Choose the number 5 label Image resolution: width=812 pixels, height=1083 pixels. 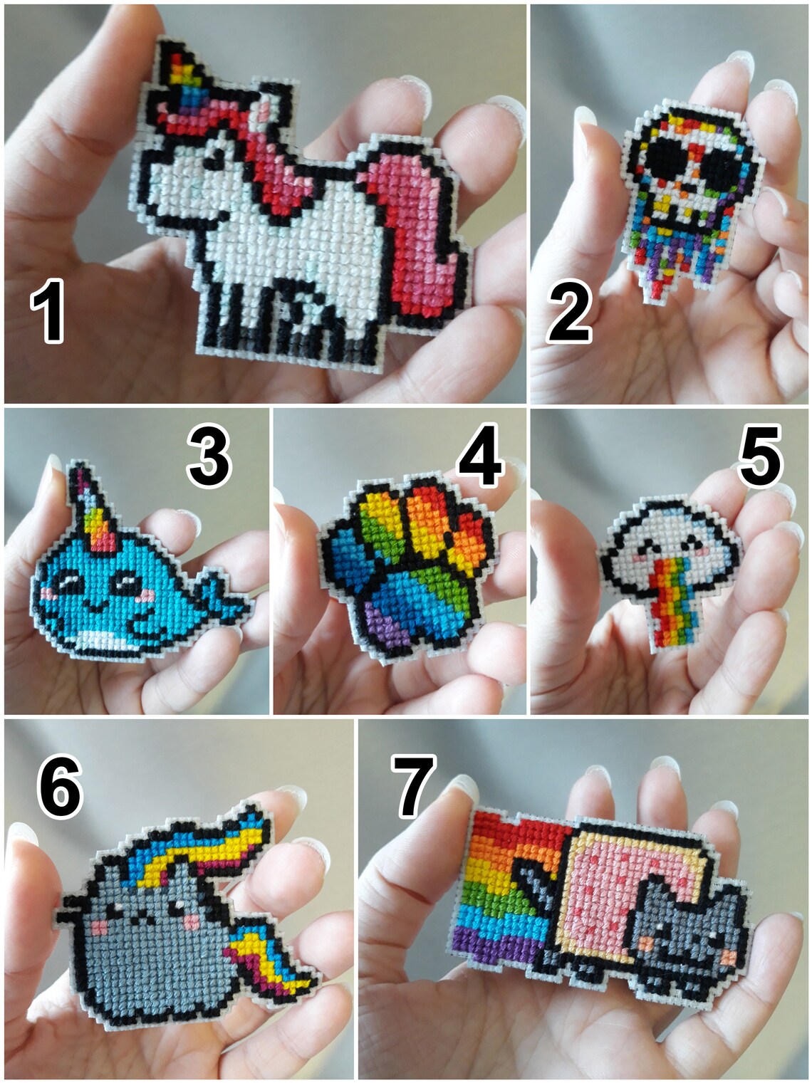click(760, 455)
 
